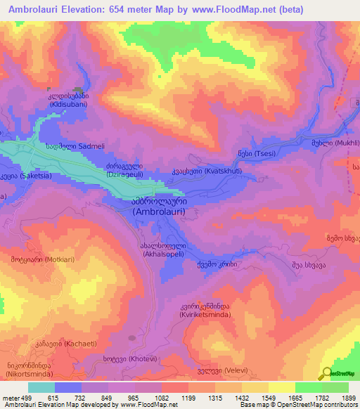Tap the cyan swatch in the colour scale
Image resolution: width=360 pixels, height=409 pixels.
41,387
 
